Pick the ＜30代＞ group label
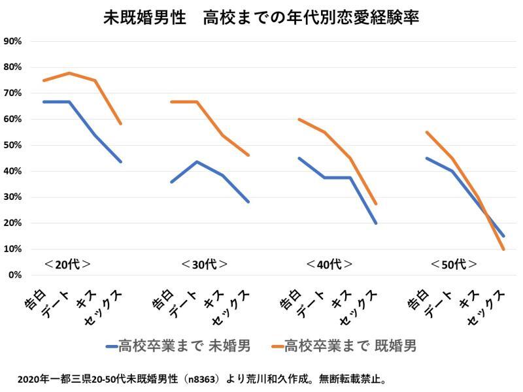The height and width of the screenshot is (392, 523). coord(205,265)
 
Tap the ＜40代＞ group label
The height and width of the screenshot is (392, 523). coord(329,265)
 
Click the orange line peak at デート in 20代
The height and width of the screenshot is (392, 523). coord(69,73)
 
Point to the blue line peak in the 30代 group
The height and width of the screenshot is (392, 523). coord(197,161)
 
